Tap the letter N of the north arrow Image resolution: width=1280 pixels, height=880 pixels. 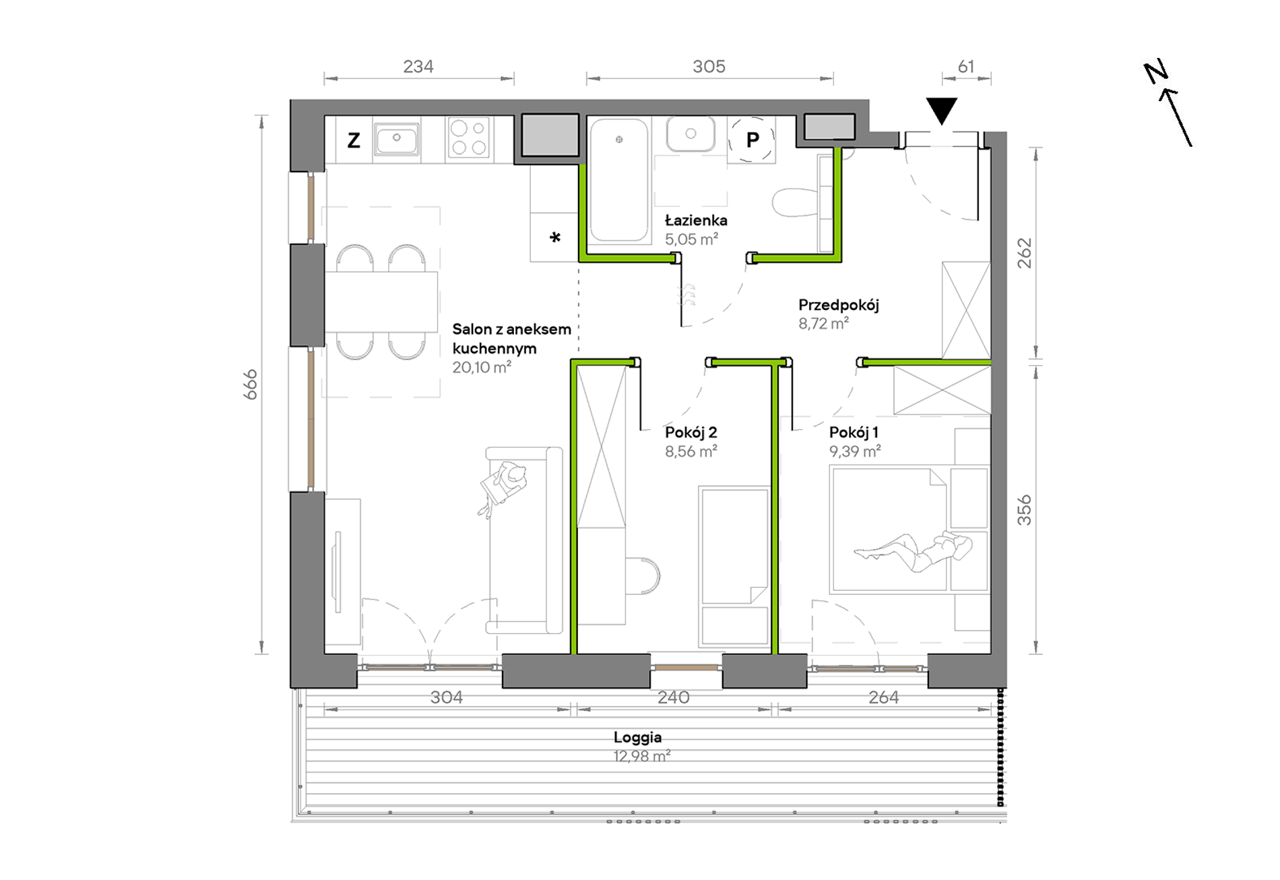click(x=1155, y=73)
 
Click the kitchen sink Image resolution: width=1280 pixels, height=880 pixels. click(x=397, y=139)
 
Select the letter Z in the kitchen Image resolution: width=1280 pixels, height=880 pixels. click(x=354, y=140)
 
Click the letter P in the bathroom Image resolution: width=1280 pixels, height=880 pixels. click(x=753, y=139)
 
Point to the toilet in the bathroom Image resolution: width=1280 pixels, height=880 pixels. click(x=795, y=202)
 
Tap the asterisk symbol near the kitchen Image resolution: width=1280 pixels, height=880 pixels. click(x=555, y=237)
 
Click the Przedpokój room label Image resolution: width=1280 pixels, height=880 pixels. click(x=839, y=305)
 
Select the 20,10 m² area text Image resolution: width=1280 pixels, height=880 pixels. click(x=482, y=367)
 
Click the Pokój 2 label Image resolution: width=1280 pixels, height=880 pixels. click(x=691, y=433)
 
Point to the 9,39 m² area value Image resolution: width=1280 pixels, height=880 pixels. click(x=855, y=451)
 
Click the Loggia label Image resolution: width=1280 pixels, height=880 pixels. click(x=637, y=737)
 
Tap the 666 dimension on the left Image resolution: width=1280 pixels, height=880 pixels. click(x=251, y=384)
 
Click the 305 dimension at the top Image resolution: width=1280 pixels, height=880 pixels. click(x=709, y=67)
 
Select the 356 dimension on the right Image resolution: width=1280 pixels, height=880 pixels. click(x=1024, y=510)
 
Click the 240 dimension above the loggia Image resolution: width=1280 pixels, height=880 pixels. click(x=674, y=697)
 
